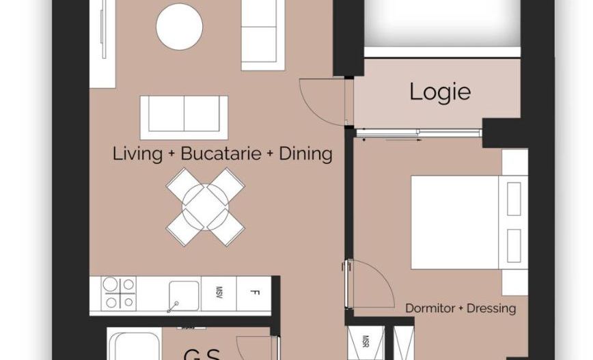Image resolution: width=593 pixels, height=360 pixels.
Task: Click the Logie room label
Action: click(x=440, y=92)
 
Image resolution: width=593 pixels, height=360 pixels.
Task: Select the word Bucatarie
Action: click(x=221, y=154)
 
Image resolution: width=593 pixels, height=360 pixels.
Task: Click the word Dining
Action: click(x=305, y=154)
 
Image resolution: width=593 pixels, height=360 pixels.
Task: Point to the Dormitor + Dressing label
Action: click(x=460, y=308)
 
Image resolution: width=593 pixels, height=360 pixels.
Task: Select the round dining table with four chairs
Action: click(x=206, y=207)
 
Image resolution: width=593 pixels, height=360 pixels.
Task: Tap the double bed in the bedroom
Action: click(x=458, y=223)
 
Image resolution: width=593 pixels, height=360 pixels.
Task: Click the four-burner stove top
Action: click(x=118, y=294)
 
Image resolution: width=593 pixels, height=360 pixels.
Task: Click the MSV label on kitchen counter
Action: click(x=221, y=294)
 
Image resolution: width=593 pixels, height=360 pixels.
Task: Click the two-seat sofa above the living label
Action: click(x=184, y=113)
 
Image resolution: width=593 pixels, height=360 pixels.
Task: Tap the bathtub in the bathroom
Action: click(x=135, y=346)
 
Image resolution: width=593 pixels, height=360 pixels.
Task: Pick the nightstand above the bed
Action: click(x=514, y=161)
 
